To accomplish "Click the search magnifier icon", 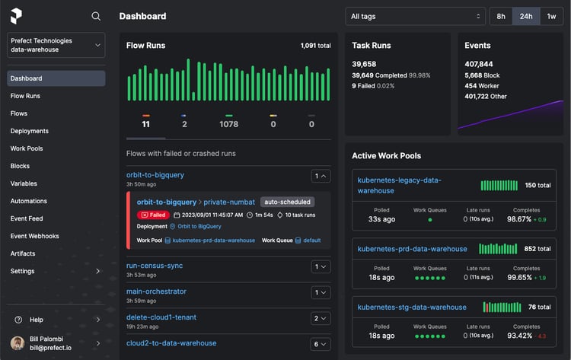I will click(x=96, y=16).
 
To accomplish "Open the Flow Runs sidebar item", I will click(x=25, y=96).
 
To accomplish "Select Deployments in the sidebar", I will click(x=30, y=131).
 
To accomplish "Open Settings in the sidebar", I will click(x=23, y=271).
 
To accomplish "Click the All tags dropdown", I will click(x=414, y=16).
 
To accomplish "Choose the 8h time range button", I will click(x=501, y=16).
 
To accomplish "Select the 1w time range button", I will click(x=551, y=16).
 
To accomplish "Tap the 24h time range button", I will click(x=525, y=16).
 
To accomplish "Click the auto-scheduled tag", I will click(x=286, y=202).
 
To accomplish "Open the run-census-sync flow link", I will click(x=155, y=266).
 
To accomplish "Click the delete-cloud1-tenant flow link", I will click(x=161, y=317).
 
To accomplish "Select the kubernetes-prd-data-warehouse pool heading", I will click(x=412, y=249).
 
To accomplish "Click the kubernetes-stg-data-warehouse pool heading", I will click(x=412, y=307).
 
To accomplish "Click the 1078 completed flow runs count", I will click(x=228, y=124).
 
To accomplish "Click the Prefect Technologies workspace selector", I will click(x=56, y=45).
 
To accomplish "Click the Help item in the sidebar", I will click(x=37, y=320).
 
